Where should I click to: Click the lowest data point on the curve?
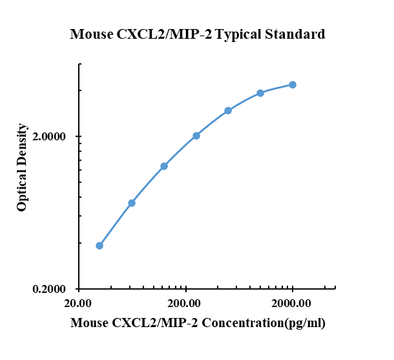pyautogui.click(x=99, y=246)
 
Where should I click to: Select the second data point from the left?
pyautogui.click(x=132, y=203)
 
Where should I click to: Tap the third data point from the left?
pyautogui.click(x=164, y=166)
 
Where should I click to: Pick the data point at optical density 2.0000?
pyautogui.click(x=196, y=135)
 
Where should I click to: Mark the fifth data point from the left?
pyautogui.click(x=228, y=110)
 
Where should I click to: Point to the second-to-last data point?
pyautogui.click(x=260, y=93)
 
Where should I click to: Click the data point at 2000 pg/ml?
pyautogui.click(x=293, y=85)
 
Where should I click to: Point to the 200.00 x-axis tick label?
pyautogui.click(x=186, y=304)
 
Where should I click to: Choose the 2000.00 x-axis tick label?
pyautogui.click(x=293, y=304)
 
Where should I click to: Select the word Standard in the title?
pyautogui.click(x=296, y=34)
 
